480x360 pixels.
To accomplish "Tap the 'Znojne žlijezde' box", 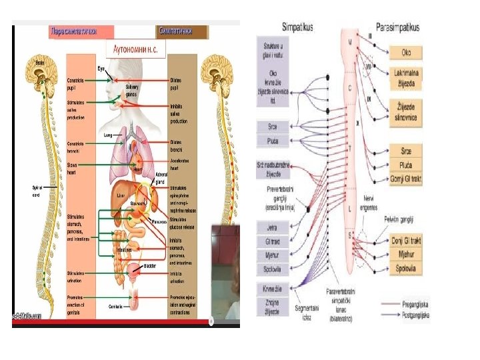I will tap(273, 307).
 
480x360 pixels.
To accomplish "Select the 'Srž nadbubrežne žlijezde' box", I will tap(273, 169).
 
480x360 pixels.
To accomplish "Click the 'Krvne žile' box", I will tap(273, 288).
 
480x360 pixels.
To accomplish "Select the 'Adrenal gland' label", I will tap(161, 178).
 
